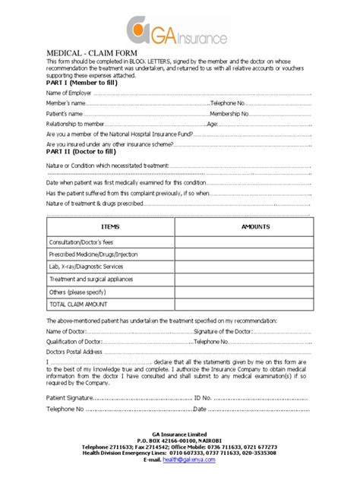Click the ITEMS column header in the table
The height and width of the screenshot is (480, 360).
pyautogui.click(x=110, y=226)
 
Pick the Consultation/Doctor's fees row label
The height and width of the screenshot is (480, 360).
pyautogui.click(x=84, y=242)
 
